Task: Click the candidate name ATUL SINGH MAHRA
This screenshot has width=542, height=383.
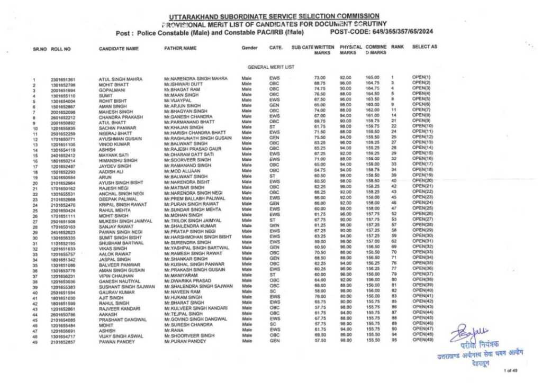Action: coord(120,79)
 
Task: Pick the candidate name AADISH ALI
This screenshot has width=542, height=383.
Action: coord(111,172)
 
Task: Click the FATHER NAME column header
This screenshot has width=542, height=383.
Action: coord(180,48)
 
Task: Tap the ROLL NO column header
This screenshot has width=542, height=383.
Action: coord(61,49)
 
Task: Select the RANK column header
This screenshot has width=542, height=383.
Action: coord(397,47)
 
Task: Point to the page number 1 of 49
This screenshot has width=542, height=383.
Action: coord(511,370)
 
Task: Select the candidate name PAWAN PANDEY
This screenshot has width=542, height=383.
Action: coord(114,342)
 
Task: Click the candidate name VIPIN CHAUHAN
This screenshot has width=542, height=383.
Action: coord(115,276)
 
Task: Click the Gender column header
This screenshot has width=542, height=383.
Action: coord(249,48)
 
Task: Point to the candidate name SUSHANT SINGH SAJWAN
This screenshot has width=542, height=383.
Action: coord(127,286)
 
